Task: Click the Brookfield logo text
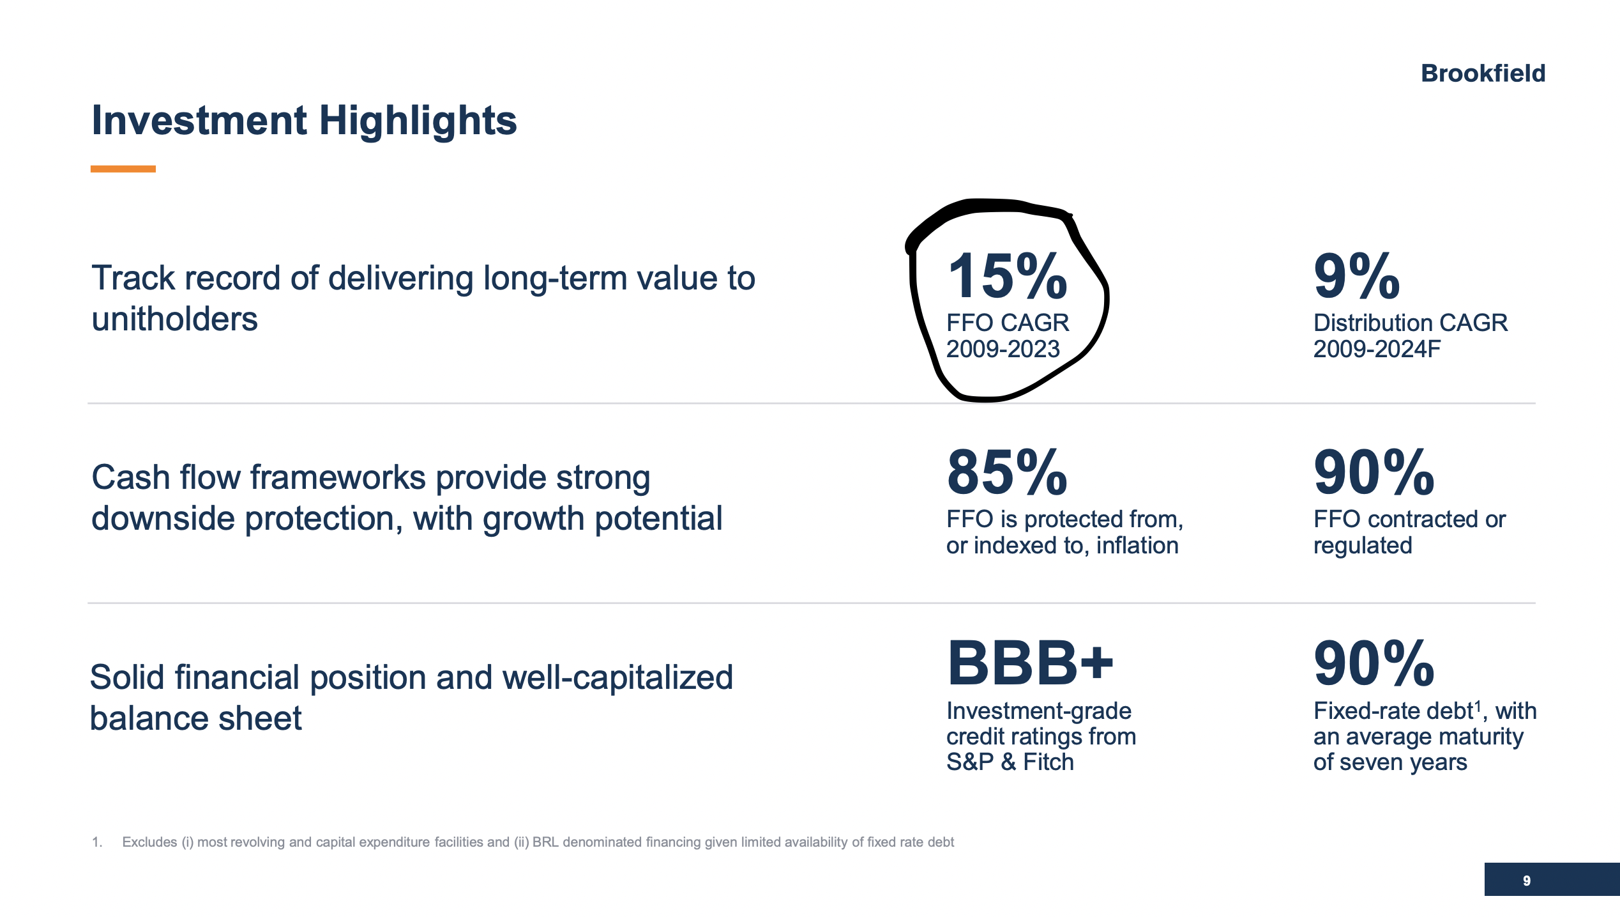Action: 1482,73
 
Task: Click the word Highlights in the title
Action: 418,121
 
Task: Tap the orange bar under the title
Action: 123,169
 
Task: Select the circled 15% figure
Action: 1007,276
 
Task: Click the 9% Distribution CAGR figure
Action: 1356,276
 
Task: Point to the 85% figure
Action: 1007,473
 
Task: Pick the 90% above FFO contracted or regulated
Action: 1374,473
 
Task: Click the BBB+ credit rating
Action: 1029,663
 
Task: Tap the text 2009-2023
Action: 1003,350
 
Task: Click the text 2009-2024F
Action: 1377,350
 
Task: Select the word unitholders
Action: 174,320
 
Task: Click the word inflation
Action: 1137,546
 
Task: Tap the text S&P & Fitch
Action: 1010,762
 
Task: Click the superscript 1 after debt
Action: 1478,705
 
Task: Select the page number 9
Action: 1526,881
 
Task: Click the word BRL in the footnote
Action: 545,842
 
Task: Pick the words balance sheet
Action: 195,718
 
